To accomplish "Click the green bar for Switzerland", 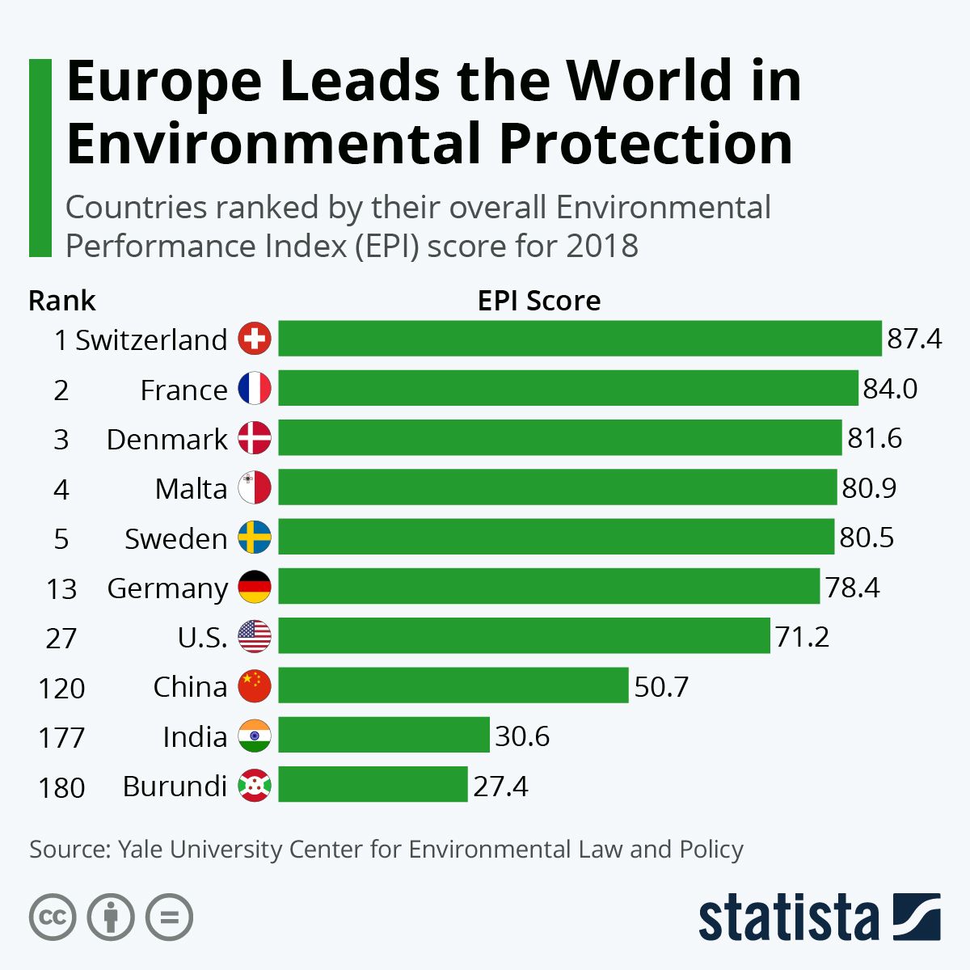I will (580, 339).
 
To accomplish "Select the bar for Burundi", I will (373, 785).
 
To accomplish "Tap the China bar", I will (453, 685).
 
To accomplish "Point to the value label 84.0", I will (890, 389).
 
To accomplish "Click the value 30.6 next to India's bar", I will (522, 736).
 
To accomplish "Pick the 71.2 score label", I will (802, 637).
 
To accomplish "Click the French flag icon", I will (255, 389).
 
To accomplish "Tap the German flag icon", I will (255, 588).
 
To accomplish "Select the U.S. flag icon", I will (255, 637).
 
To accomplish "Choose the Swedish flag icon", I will (255, 538).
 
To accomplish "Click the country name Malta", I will (191, 489).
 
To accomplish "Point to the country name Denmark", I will (167, 439).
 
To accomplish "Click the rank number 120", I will (61, 688).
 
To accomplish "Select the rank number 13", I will (61, 589).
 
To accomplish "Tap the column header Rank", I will (61, 301).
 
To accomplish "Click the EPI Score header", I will (539, 301).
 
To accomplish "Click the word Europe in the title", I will (164, 81).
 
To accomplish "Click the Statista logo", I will (819, 918).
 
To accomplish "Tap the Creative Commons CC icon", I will (53, 917).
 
